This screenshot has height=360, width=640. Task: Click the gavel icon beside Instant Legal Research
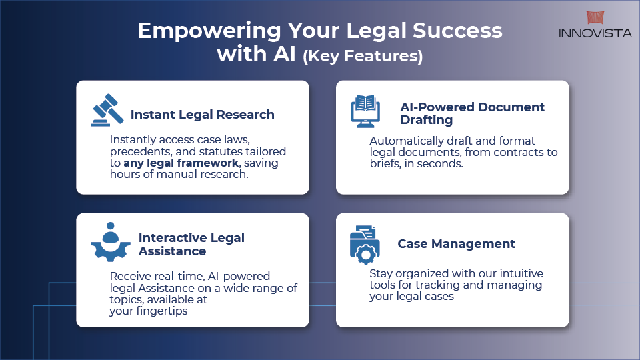click(107, 110)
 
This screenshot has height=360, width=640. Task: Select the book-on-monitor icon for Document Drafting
click(366, 111)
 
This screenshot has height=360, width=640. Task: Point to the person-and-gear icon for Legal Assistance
click(110, 243)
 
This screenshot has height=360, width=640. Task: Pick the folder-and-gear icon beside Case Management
click(365, 244)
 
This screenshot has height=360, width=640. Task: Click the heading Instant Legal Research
click(202, 115)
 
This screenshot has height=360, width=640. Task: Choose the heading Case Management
click(456, 244)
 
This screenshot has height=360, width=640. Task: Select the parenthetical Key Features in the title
click(363, 57)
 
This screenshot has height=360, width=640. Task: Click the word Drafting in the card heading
click(427, 120)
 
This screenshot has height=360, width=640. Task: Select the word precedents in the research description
click(140, 152)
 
